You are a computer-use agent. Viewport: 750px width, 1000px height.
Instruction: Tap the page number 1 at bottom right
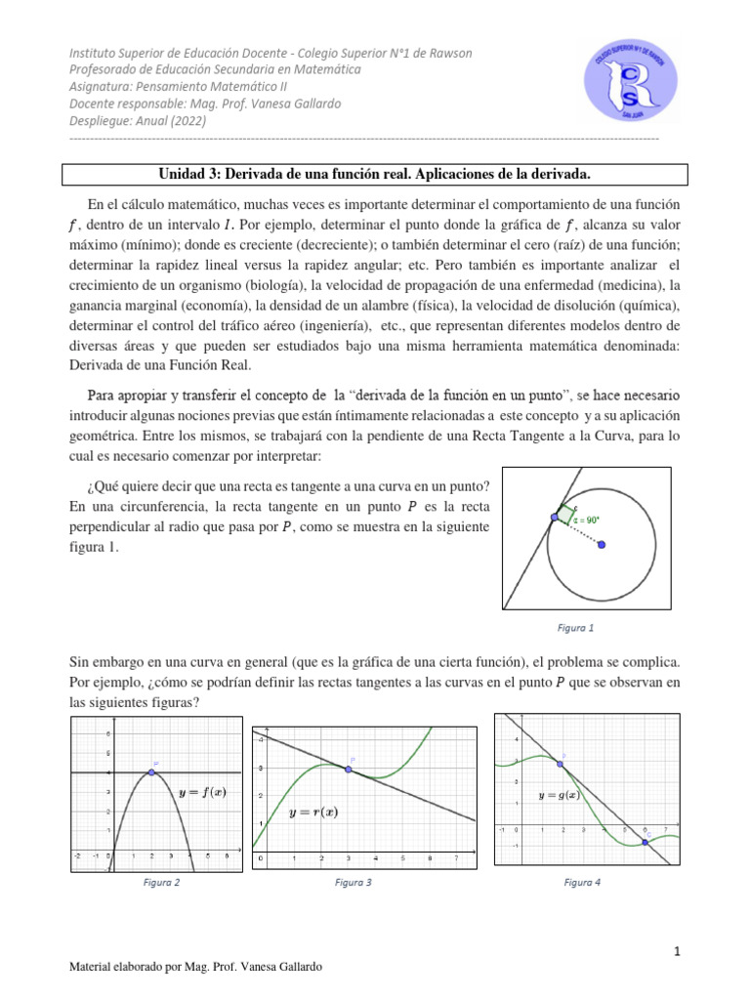click(x=674, y=950)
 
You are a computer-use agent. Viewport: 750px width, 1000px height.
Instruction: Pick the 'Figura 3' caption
click(x=353, y=882)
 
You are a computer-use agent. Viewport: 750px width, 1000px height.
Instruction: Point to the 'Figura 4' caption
click(x=582, y=882)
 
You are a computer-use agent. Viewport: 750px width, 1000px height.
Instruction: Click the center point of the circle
click(x=601, y=545)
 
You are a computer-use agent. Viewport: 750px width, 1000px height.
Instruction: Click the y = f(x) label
click(x=202, y=792)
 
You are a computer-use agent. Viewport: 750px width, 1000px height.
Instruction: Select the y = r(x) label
click(x=313, y=812)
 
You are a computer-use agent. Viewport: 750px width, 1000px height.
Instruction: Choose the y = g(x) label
click(x=560, y=795)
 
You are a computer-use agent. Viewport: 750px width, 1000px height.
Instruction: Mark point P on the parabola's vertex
click(x=151, y=772)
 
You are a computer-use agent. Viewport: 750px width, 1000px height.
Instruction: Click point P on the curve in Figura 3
click(x=348, y=770)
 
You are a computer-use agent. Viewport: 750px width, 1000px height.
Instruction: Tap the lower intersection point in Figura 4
click(x=646, y=842)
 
